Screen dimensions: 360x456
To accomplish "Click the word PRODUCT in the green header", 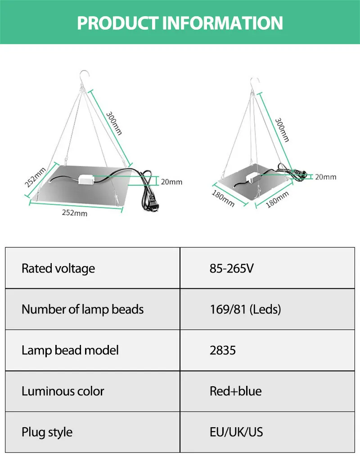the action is point(118,22).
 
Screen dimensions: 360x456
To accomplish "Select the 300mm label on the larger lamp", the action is point(114,123).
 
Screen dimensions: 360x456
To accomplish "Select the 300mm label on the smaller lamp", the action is point(282,130).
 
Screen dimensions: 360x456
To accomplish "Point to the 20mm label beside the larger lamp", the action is point(171,182).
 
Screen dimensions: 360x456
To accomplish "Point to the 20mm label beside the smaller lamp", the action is point(325,177).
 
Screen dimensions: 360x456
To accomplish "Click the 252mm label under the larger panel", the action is point(75,213).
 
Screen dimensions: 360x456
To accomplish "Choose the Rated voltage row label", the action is point(58,268).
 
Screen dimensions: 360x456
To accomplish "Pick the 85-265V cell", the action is point(232,268).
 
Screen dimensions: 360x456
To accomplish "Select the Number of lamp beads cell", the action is point(82,309).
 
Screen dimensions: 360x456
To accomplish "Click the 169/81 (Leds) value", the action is point(245,309).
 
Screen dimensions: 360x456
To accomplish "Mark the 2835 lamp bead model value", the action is point(222,350).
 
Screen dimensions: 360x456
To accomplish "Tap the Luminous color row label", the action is point(63,391).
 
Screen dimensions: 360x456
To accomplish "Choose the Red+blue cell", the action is point(235,391).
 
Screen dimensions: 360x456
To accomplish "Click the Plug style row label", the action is point(47,432).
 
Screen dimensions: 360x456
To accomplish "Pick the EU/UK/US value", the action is point(236,432).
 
